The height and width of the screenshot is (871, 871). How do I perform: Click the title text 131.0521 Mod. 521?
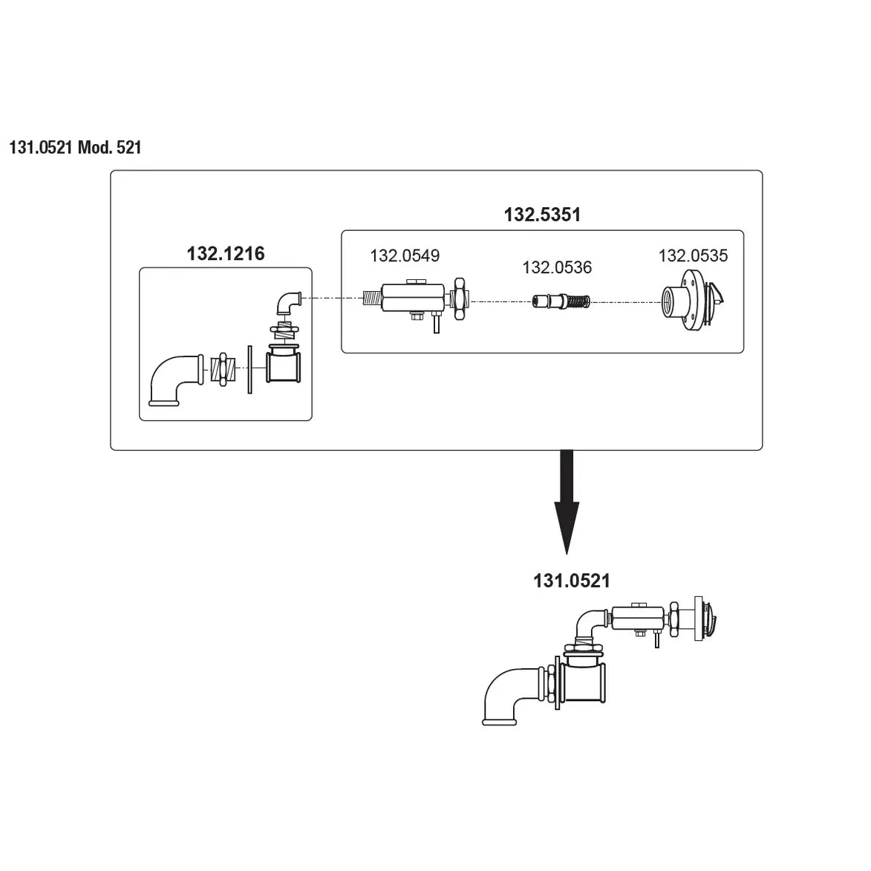[x=75, y=148]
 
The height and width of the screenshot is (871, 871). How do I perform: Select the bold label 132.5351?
[x=542, y=215]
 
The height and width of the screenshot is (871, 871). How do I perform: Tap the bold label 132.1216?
[x=226, y=254]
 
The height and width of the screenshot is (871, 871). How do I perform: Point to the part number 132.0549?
[x=405, y=256]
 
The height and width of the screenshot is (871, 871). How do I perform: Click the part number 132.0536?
[x=557, y=267]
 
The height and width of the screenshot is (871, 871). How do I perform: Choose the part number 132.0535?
[x=693, y=256]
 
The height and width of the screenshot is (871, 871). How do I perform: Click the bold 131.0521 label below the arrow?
[x=572, y=581]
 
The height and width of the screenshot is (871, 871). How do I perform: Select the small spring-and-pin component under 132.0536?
[x=562, y=302]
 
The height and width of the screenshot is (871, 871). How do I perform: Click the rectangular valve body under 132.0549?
[x=412, y=299]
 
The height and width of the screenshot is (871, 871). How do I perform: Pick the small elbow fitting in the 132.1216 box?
[x=287, y=301]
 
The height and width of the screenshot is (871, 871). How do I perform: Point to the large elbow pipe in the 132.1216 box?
[x=175, y=379]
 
